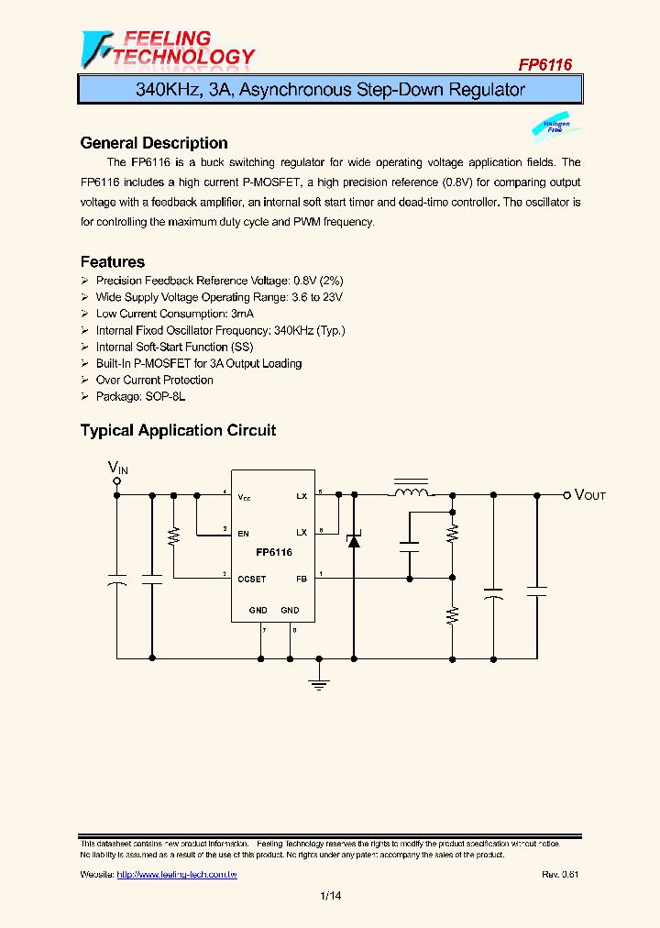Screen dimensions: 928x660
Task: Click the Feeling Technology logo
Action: click(x=168, y=49)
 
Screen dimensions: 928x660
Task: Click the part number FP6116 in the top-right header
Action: click(x=545, y=64)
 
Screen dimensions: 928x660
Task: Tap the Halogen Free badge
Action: click(x=555, y=127)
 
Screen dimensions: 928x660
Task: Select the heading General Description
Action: click(x=154, y=143)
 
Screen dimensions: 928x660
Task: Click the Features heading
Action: click(x=113, y=262)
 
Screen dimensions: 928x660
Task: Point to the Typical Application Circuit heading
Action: click(x=178, y=430)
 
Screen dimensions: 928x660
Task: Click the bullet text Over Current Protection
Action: click(x=154, y=380)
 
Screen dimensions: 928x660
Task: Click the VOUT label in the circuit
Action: click(x=589, y=495)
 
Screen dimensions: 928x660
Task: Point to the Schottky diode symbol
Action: click(x=353, y=540)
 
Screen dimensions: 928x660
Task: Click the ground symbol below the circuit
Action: click(x=319, y=679)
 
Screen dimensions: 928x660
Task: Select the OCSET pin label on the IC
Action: click(x=251, y=579)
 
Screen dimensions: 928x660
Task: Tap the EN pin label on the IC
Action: click(x=243, y=533)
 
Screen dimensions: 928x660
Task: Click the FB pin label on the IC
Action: click(x=301, y=579)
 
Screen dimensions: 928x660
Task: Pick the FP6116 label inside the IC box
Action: click(x=273, y=553)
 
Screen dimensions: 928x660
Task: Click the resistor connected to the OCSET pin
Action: click(x=174, y=537)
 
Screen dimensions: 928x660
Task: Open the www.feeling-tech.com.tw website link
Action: click(x=177, y=875)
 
